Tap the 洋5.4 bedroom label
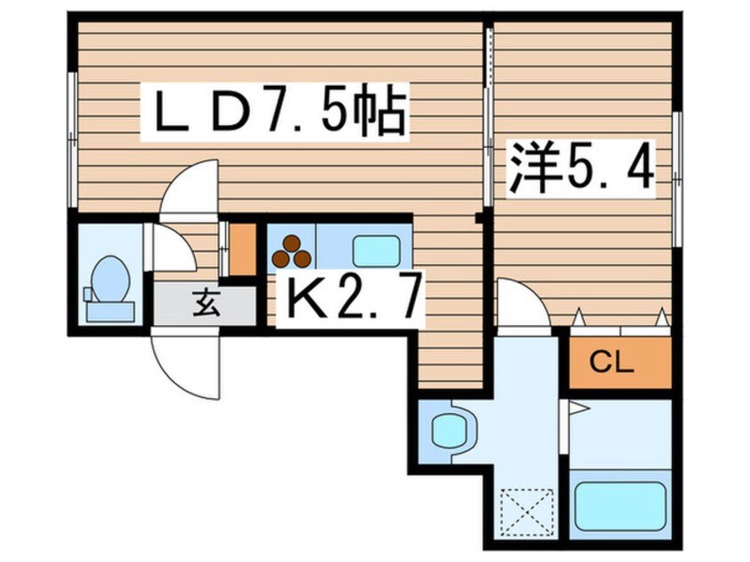[581, 168]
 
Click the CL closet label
[612, 363]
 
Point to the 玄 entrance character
[207, 304]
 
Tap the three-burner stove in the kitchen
[292, 252]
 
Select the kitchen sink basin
[376, 251]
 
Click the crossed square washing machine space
[526, 511]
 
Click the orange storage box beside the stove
[243, 249]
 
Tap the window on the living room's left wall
[72, 140]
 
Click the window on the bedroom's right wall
[676, 179]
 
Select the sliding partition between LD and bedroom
[488, 117]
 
